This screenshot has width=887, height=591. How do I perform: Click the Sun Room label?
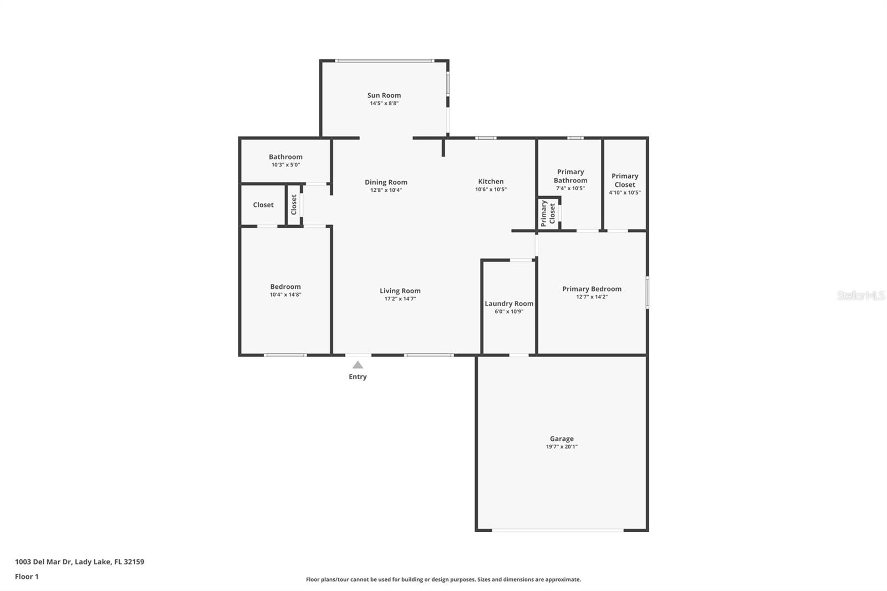point(384,95)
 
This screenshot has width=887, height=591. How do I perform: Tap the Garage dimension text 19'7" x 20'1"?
point(562,446)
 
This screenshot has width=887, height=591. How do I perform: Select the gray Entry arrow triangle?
point(358,365)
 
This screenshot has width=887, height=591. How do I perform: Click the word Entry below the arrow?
point(358,376)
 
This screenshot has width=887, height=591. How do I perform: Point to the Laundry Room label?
point(509,303)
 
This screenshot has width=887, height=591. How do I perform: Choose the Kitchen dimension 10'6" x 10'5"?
point(491,190)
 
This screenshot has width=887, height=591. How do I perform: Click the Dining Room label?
point(386,182)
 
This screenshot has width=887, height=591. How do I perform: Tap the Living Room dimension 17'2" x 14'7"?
point(400,299)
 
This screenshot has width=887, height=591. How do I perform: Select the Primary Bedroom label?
point(592,289)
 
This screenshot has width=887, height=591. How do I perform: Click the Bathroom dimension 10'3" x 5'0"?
point(286,165)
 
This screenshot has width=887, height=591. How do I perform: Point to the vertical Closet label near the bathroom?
point(294,205)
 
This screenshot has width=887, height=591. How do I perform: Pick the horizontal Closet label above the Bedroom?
point(263,205)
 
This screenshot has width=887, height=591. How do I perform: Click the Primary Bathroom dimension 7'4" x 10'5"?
point(570,188)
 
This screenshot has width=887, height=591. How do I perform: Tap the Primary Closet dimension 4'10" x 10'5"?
point(624,192)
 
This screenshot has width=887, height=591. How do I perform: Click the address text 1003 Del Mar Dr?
point(43,562)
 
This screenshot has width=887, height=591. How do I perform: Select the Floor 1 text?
point(27,577)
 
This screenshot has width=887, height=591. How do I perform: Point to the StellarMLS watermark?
point(861,295)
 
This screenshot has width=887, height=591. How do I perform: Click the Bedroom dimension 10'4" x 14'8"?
point(286,295)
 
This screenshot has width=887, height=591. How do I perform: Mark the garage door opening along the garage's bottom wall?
point(558,530)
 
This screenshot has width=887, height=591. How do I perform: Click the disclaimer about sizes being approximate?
point(443,579)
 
